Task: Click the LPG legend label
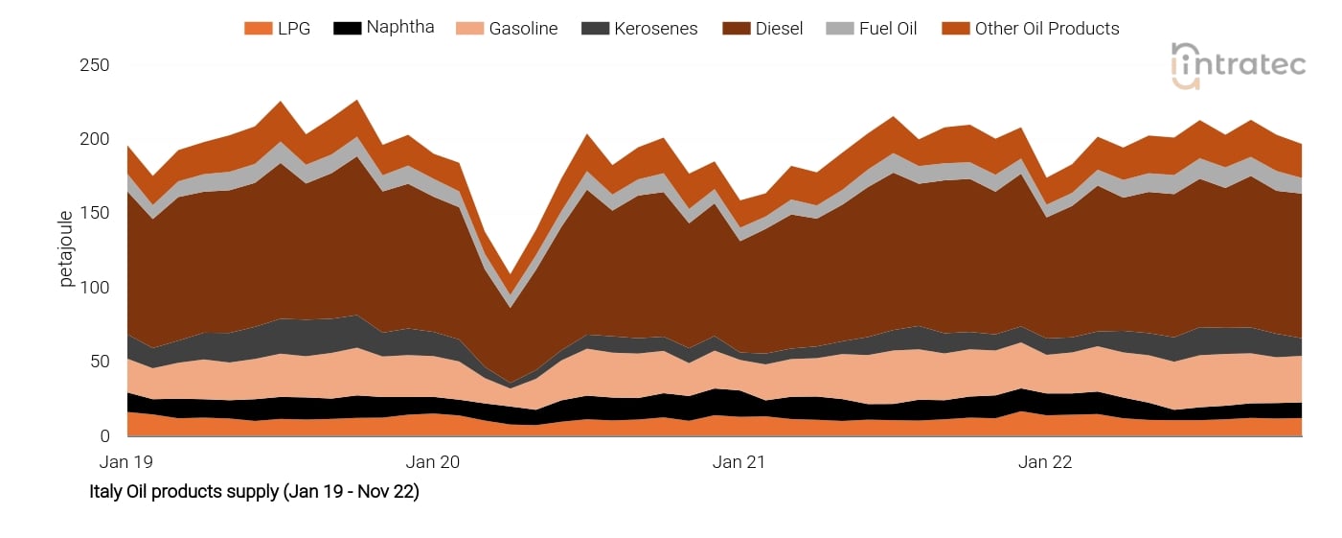(293, 29)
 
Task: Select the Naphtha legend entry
(399, 28)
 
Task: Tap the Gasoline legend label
(523, 29)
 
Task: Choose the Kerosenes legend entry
(656, 29)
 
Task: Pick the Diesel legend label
(779, 29)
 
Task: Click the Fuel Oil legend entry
(886, 29)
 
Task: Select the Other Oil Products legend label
(1046, 29)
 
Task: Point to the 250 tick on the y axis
(95, 66)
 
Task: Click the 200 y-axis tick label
(95, 140)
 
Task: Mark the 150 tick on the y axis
(95, 214)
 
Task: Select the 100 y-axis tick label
(95, 288)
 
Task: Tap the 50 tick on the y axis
(101, 362)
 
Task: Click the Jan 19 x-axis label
(126, 462)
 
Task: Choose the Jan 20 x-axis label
(434, 462)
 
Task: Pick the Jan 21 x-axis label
(739, 462)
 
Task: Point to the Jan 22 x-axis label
(1045, 462)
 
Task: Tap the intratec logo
(1238, 65)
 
